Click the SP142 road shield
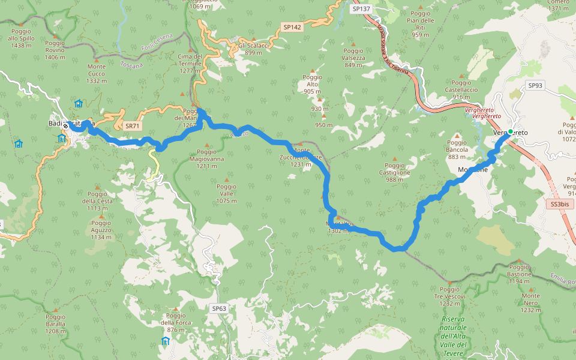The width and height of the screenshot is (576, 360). (292, 27)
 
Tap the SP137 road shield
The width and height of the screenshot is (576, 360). (362, 9)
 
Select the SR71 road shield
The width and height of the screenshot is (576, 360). (133, 126)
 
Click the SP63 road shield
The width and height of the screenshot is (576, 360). (219, 308)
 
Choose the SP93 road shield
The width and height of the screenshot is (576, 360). (535, 86)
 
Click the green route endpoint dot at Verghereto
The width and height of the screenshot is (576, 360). (510, 131)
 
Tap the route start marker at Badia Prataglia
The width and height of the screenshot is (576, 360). (65, 126)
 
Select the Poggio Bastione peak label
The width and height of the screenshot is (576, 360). (519, 271)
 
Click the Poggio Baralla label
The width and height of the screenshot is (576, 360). (55, 323)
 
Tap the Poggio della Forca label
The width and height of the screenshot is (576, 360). (176, 323)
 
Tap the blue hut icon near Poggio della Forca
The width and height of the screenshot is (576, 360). (165, 341)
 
